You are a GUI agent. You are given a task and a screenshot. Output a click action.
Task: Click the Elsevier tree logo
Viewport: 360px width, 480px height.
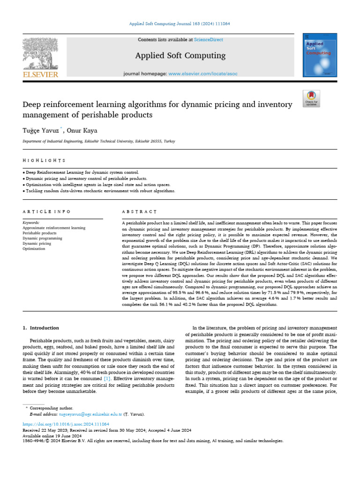39,52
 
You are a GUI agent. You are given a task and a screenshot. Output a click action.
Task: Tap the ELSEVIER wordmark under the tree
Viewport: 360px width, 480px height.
40,75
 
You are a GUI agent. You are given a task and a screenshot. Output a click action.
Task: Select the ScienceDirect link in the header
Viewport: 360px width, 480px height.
209,40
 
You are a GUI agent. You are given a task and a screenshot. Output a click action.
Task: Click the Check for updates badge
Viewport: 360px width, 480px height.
311,97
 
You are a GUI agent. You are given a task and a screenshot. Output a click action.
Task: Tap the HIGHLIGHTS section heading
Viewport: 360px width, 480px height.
44,160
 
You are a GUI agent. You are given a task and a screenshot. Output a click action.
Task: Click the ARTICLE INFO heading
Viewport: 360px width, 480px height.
46,211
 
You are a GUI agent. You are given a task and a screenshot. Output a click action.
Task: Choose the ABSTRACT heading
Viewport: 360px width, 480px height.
139,211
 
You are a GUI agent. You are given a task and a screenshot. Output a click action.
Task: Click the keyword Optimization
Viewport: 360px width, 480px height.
34,249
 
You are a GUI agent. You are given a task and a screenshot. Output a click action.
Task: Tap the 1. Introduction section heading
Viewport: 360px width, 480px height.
41,328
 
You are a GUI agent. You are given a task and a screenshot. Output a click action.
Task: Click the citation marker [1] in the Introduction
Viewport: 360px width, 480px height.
107,378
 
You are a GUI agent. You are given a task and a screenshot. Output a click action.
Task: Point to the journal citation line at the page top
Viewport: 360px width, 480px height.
180,23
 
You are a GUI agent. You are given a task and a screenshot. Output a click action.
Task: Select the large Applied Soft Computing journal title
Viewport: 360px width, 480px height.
180,56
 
